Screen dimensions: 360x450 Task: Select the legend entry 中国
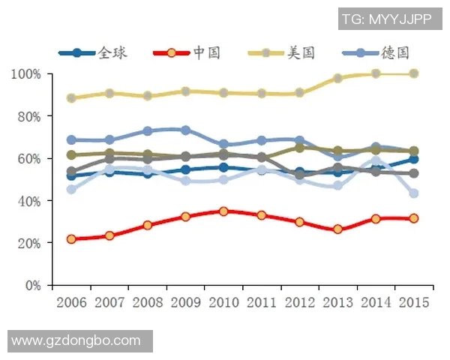click(x=187, y=52)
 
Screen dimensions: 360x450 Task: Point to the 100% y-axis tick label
click(x=26, y=74)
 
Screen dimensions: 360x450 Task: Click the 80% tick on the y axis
click(x=29, y=116)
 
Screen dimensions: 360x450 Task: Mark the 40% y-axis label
click(x=29, y=201)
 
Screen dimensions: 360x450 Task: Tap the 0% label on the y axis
click(x=32, y=285)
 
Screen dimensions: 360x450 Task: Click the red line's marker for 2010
click(x=223, y=211)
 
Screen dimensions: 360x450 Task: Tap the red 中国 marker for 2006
click(x=71, y=239)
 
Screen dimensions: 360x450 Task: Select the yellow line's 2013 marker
click(x=337, y=78)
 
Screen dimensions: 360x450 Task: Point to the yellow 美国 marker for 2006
click(x=71, y=98)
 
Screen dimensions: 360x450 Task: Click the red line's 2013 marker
click(x=337, y=229)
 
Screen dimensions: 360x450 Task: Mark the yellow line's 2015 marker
click(x=413, y=73)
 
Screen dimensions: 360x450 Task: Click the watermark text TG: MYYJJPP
click(x=386, y=19)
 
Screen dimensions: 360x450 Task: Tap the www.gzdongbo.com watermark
click(x=76, y=340)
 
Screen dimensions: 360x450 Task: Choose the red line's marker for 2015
click(x=413, y=218)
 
